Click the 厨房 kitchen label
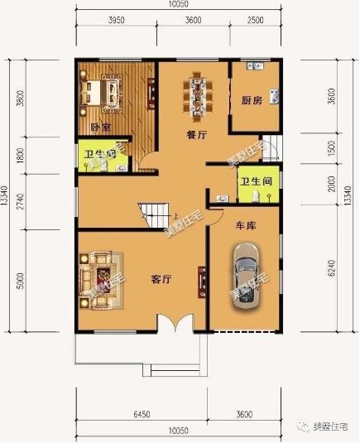(252, 100)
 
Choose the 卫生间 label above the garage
(257, 181)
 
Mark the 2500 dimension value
(256, 19)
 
